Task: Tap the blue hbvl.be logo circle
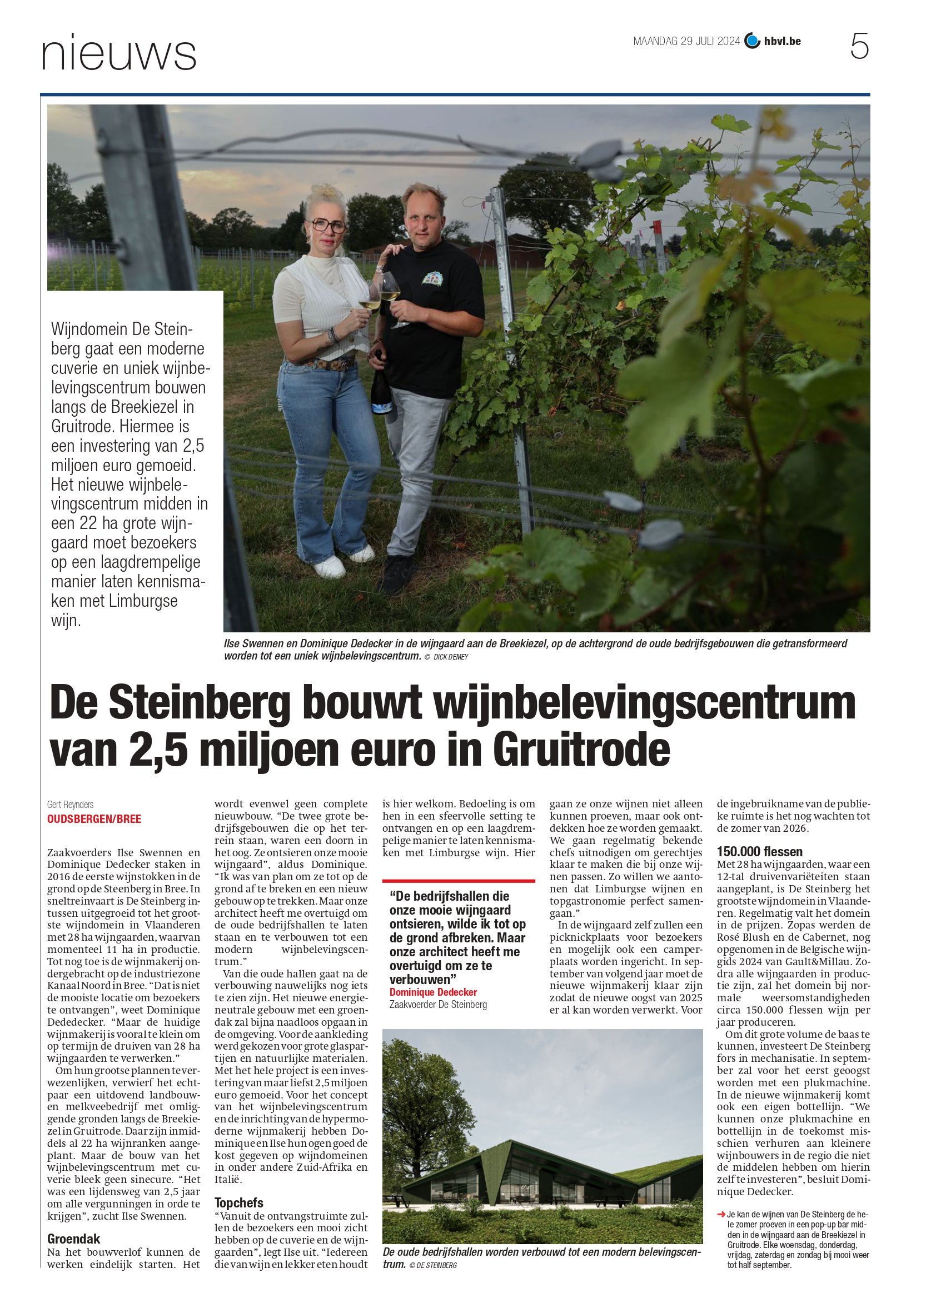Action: (x=752, y=41)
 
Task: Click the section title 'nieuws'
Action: (x=119, y=53)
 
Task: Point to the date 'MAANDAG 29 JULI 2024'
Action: (x=686, y=41)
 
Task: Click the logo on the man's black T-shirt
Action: (x=432, y=279)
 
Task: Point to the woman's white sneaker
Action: (x=329, y=568)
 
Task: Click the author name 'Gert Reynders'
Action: (x=71, y=804)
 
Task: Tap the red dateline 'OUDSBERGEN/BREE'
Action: (x=94, y=818)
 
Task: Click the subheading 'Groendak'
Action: (x=73, y=1239)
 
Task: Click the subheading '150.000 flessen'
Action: (x=759, y=851)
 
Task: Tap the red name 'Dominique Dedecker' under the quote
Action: (x=433, y=992)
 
